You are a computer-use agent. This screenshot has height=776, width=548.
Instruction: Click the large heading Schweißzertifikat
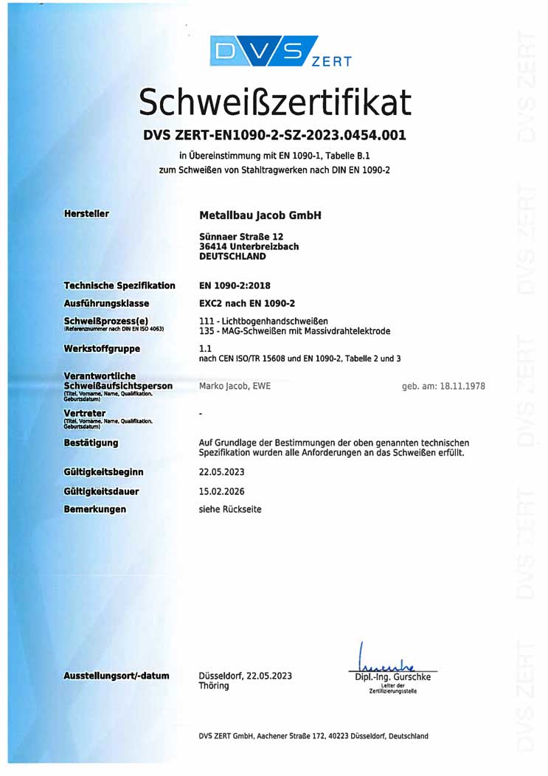(274, 103)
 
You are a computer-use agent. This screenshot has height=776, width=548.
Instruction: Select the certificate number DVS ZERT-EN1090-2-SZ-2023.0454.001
(274, 136)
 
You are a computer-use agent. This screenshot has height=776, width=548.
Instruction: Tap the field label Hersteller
(86, 214)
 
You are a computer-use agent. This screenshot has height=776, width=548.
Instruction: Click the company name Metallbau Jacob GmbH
(260, 215)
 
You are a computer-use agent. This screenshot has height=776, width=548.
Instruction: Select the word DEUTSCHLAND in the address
(232, 257)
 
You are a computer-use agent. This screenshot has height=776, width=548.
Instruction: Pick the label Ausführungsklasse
(106, 303)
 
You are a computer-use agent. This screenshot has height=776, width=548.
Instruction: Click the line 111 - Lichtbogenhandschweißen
(263, 321)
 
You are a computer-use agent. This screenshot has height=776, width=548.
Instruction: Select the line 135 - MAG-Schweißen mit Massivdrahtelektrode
(294, 331)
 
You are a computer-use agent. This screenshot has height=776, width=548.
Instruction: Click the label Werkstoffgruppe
(102, 347)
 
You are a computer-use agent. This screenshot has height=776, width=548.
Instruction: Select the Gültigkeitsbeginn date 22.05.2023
(221, 471)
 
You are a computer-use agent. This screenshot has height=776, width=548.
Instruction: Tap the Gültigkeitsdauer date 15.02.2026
(221, 491)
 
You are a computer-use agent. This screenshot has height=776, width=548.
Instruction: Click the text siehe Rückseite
(230, 510)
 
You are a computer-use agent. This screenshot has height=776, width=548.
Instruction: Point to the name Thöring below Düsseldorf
(214, 686)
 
